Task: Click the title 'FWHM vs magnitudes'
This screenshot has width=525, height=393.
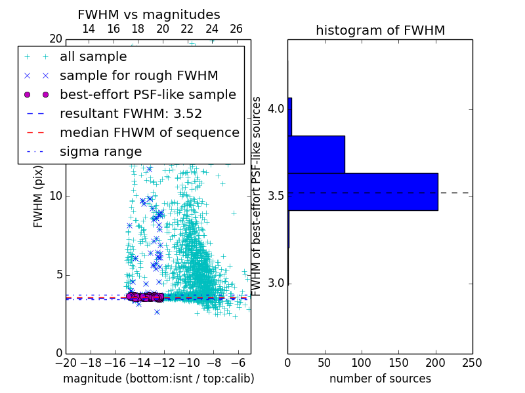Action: click(x=149, y=14)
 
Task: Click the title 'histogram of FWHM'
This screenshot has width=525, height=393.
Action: click(x=380, y=30)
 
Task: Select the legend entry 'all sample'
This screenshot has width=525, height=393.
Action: click(x=93, y=56)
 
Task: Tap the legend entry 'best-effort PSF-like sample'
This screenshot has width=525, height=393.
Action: click(x=148, y=94)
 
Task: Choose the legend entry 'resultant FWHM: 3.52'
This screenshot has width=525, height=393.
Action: click(x=131, y=113)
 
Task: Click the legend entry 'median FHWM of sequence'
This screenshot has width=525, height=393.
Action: click(x=149, y=132)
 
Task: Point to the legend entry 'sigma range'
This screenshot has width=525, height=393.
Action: click(x=100, y=151)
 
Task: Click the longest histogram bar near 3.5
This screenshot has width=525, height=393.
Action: click(x=362, y=191)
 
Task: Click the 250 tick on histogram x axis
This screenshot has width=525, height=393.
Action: click(x=472, y=362)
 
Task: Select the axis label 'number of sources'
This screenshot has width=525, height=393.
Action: click(x=380, y=379)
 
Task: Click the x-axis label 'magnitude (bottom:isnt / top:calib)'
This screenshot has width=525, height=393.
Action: click(x=158, y=379)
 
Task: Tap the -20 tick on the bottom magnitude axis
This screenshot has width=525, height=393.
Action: click(x=66, y=362)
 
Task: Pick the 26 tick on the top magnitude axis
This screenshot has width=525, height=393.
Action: click(x=236, y=29)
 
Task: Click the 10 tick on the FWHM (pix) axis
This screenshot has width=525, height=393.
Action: click(x=56, y=196)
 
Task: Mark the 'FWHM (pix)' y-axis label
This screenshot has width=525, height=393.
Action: click(x=39, y=196)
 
